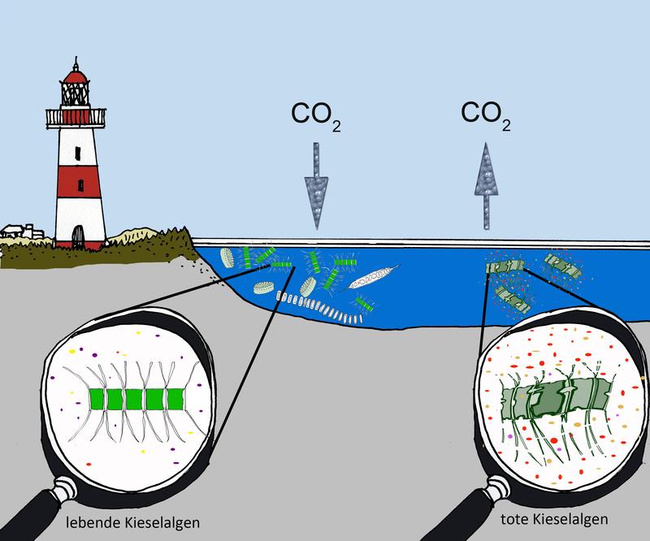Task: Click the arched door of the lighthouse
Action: point(77,236)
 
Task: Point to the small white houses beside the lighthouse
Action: point(16,231)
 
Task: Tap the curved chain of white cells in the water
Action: point(317,307)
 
